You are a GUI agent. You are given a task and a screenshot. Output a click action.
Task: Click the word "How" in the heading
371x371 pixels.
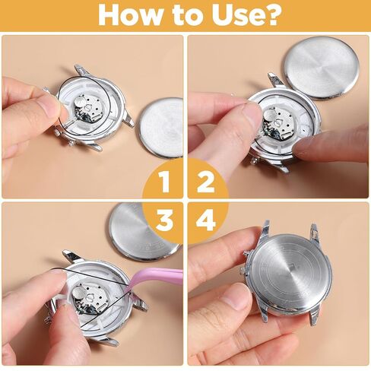pos(130,15)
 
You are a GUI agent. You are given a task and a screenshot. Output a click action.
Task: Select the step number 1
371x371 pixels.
pos(165,181)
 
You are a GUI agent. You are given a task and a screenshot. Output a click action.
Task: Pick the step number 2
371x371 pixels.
pos(205,181)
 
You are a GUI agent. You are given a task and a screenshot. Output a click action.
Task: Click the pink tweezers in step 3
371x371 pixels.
pos(154,279)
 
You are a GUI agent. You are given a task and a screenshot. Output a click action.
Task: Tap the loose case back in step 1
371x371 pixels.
pos(161,128)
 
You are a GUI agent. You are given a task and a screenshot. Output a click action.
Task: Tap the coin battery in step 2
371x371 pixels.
pos(270,116)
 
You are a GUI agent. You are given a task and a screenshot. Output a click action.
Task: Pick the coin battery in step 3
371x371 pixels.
pos(79,294)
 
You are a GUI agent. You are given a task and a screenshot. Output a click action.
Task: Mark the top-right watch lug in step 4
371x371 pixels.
pos(313,233)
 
